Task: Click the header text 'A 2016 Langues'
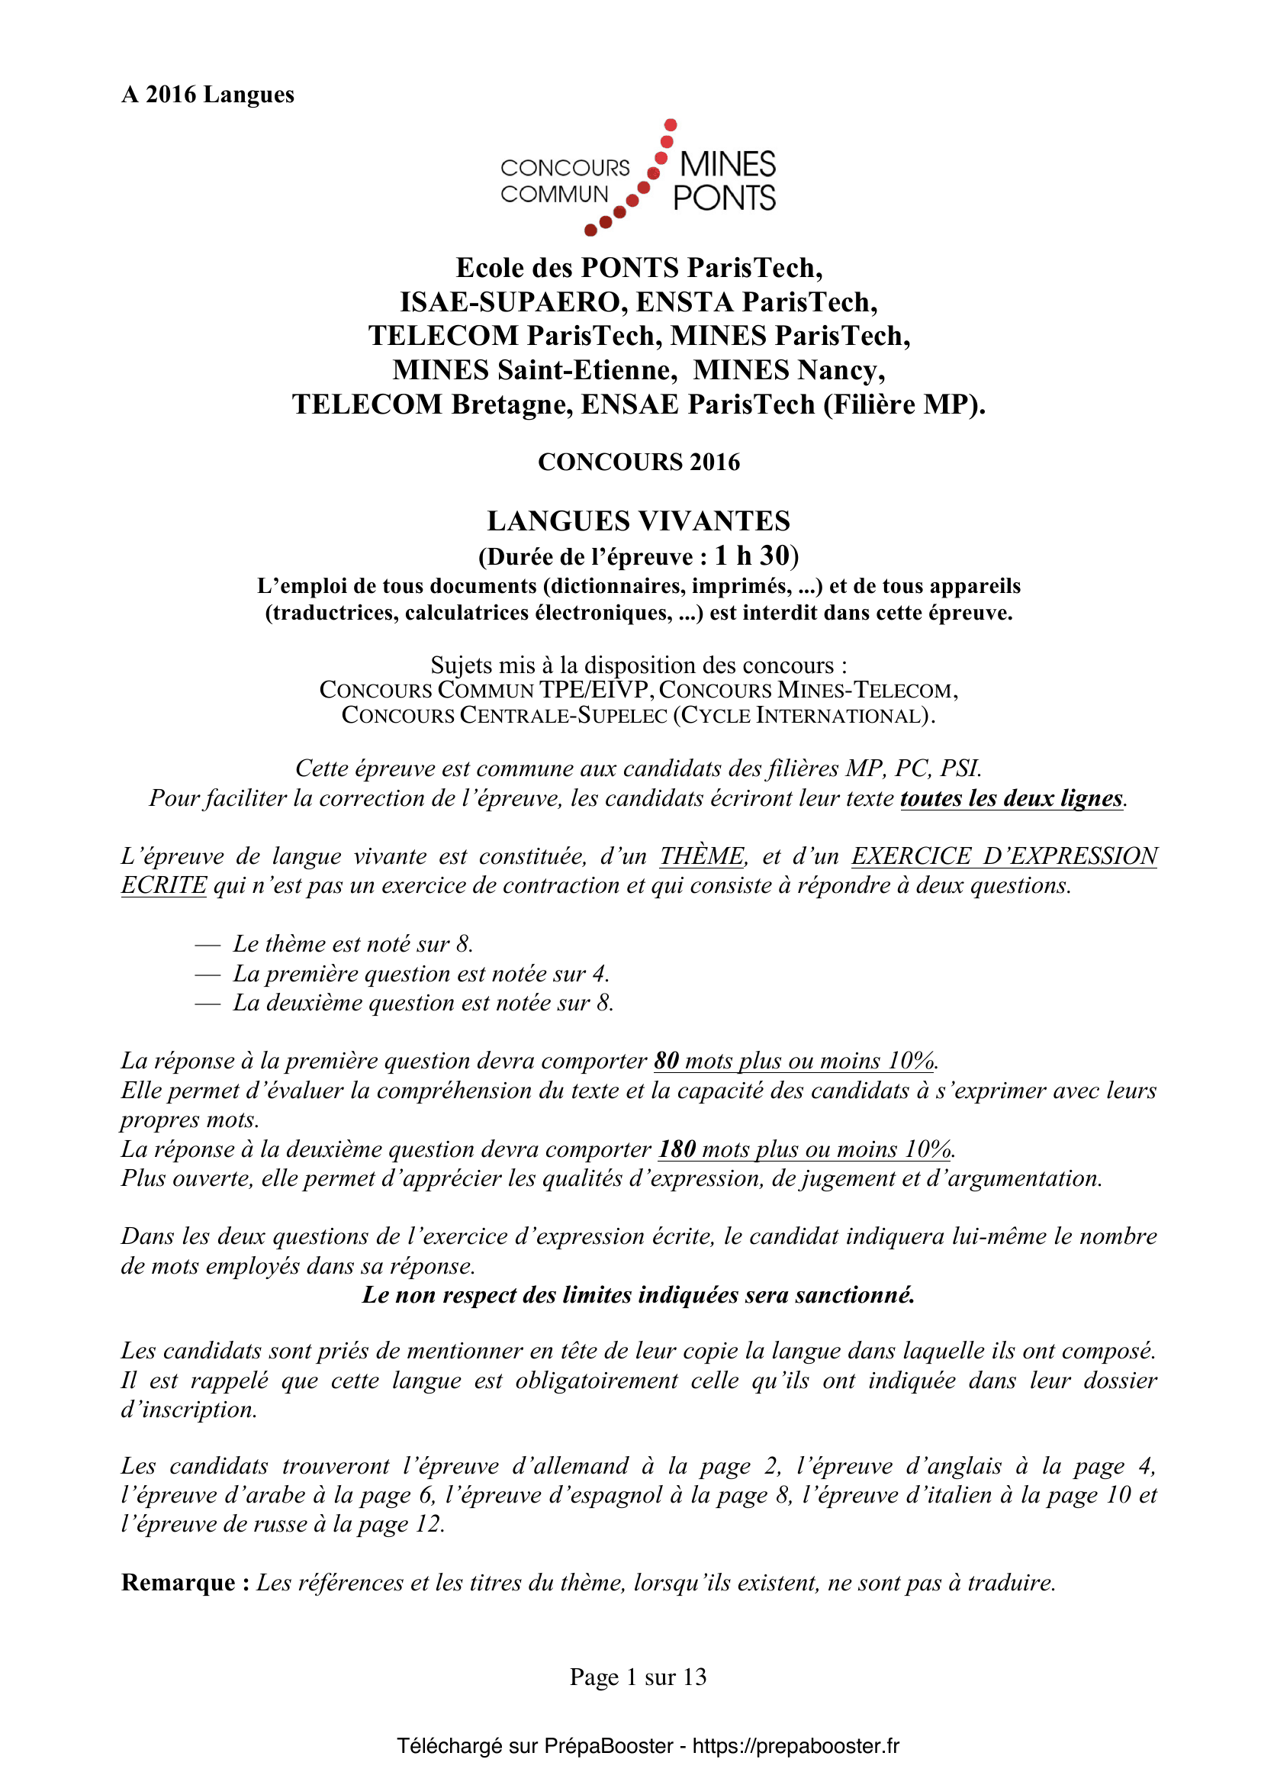coord(207,95)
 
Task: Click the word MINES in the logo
coord(727,165)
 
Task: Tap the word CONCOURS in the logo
coord(565,168)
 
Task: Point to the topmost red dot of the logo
coord(671,125)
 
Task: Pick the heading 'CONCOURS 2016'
coord(639,462)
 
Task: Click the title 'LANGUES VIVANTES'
coord(639,521)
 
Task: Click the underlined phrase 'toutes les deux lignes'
coord(1012,798)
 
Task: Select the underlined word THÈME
coord(702,856)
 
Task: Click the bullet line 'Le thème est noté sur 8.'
coord(352,944)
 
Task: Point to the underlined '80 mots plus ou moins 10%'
coord(794,1062)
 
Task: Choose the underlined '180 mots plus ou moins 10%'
coord(805,1149)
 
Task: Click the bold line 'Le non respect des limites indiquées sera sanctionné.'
coord(639,1295)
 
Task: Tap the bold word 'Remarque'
coord(179,1583)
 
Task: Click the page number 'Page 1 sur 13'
coord(638,1677)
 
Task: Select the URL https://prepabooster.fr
coord(796,1746)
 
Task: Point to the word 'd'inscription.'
coord(188,1410)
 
